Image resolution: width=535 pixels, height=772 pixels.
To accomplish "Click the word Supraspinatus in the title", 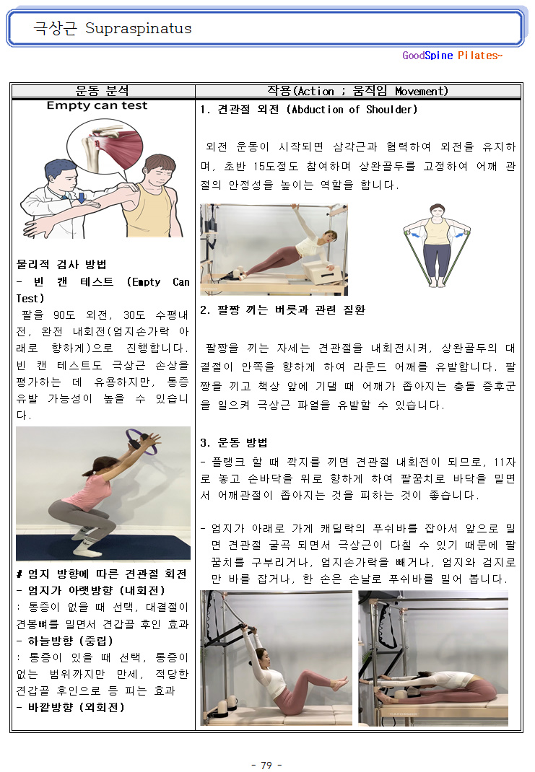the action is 139,29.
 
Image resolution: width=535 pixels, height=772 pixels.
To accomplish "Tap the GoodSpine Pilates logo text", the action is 452,56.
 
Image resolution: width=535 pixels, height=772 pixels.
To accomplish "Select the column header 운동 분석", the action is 103,91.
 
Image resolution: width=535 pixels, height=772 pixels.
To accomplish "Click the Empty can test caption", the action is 97,105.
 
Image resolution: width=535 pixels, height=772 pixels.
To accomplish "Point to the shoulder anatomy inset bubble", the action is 105,146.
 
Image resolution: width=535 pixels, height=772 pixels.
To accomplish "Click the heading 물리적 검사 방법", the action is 61,264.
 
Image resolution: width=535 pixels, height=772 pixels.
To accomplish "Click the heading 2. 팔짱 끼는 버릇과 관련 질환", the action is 283,310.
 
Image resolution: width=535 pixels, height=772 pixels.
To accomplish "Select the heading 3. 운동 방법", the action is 233,442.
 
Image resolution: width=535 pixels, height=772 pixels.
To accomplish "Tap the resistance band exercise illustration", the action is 437,245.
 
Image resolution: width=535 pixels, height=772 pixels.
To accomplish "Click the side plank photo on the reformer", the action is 274,250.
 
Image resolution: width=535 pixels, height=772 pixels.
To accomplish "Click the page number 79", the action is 266,765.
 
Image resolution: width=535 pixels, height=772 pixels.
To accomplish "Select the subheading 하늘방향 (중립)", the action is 71,641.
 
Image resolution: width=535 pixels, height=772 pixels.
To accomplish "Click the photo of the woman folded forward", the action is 433,658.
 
